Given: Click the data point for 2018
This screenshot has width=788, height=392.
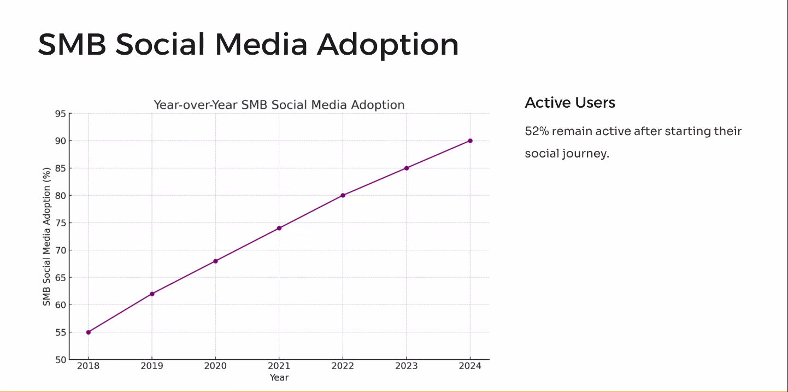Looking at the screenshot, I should pos(89,332).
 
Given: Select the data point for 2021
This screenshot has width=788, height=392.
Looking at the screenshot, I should pos(279,228).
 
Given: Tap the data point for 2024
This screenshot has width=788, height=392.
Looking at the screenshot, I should pos(470,141).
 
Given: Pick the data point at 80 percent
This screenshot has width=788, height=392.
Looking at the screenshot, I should pos(343,195).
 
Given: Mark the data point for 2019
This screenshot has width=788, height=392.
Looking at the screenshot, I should pos(152,294).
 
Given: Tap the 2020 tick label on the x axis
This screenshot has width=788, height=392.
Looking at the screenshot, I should pos(215,366).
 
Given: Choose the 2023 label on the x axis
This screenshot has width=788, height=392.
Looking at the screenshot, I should pos(406,366).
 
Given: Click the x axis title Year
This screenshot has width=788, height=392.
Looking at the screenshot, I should pos(279,378).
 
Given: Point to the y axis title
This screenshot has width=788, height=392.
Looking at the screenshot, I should pos(47,237).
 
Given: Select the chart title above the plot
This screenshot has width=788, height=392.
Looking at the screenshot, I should pos(279,104).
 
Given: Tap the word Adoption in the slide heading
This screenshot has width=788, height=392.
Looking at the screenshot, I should pos(388,44).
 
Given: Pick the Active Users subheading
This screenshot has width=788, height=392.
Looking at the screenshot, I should pos(570,103).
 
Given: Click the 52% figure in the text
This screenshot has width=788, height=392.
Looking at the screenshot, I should pos(536,131).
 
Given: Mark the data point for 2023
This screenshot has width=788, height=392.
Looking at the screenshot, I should pos(407,168).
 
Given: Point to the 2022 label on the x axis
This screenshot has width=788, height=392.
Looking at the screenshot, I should pos(343,366).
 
